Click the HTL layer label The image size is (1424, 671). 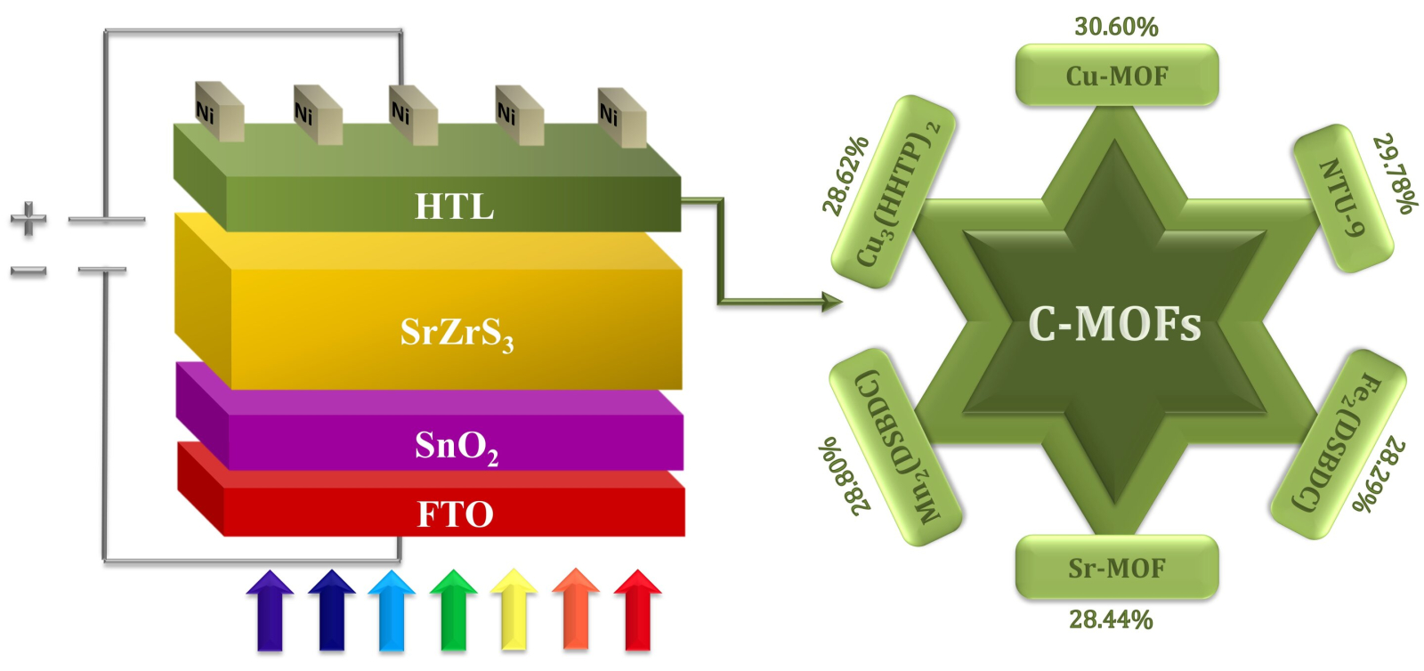click(x=454, y=206)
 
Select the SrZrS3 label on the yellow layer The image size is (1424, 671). click(x=457, y=334)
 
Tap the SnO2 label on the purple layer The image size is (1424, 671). click(x=456, y=445)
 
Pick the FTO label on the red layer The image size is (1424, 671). click(x=455, y=514)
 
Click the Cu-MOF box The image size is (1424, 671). click(x=1116, y=76)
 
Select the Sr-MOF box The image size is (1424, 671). click(x=1116, y=568)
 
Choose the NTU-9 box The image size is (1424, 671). click(x=1342, y=198)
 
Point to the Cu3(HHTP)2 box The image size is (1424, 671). click(x=894, y=192)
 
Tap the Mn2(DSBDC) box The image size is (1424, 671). click(x=894, y=447)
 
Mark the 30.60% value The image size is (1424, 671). click(x=1116, y=27)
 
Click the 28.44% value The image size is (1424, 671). click(x=1111, y=619)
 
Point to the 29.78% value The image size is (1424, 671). click(x=1394, y=174)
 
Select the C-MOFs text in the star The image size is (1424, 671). click(x=1114, y=324)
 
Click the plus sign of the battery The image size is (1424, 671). click(x=28, y=219)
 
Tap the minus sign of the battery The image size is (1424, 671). click(x=28, y=271)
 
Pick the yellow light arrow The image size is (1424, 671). click(x=514, y=610)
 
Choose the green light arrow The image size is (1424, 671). click(x=453, y=610)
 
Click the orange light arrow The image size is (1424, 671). click(x=576, y=610)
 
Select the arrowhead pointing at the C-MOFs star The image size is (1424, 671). click(x=832, y=303)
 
